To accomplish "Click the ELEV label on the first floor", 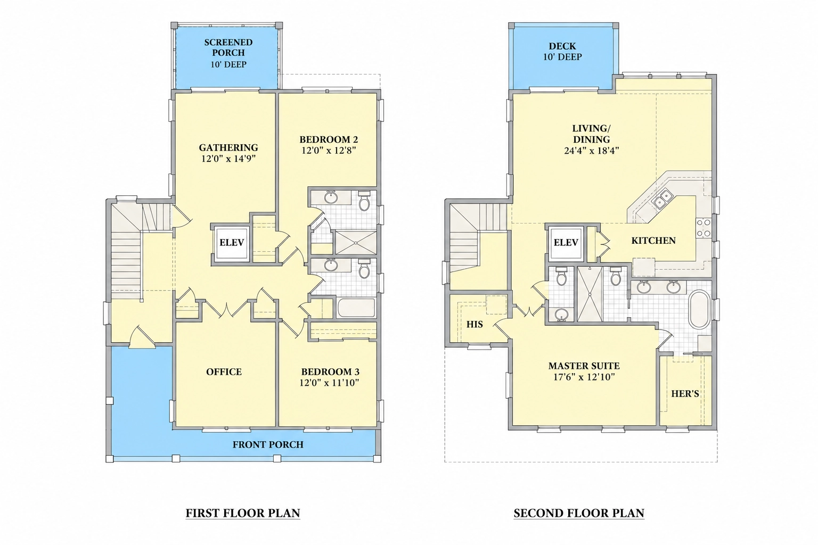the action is [232, 242].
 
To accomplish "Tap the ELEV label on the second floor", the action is [566, 242].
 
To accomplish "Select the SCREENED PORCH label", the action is [228, 47].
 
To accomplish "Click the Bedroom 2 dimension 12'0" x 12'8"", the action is [329, 151].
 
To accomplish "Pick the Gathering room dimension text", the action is [228, 159].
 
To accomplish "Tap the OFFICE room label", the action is [224, 371].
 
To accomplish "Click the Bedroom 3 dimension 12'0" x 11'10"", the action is [330, 383].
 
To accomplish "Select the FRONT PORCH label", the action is [268, 444].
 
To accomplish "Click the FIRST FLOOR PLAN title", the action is [243, 513].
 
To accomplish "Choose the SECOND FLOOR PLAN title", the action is [579, 513].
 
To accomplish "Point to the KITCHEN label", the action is [653, 241].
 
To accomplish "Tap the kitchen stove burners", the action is [704, 228].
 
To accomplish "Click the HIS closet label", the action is [475, 324].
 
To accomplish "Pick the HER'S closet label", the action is [685, 393].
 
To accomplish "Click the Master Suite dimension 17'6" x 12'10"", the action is [584, 377].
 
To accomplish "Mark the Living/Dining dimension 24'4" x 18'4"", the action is [591, 151].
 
